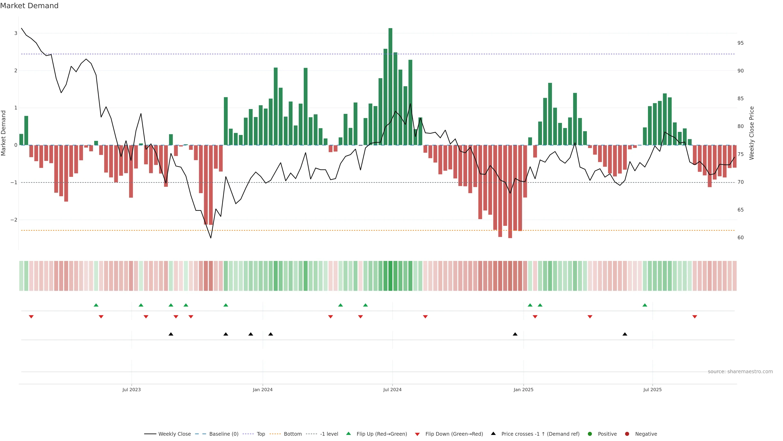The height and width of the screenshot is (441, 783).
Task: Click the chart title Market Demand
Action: (29, 6)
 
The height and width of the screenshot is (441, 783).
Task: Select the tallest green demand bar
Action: (390, 87)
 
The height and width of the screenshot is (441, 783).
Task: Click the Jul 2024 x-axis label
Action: (392, 390)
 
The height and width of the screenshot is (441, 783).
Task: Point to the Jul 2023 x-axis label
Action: (131, 390)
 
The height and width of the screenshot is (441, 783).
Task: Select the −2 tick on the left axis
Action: (14, 220)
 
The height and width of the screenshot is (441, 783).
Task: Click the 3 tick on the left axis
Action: (15, 33)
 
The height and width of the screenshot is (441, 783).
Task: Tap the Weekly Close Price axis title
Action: (752, 133)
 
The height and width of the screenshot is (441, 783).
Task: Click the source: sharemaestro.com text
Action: (740, 372)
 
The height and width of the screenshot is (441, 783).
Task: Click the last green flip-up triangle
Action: (645, 305)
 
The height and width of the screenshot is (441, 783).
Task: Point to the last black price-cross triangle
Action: (625, 334)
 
